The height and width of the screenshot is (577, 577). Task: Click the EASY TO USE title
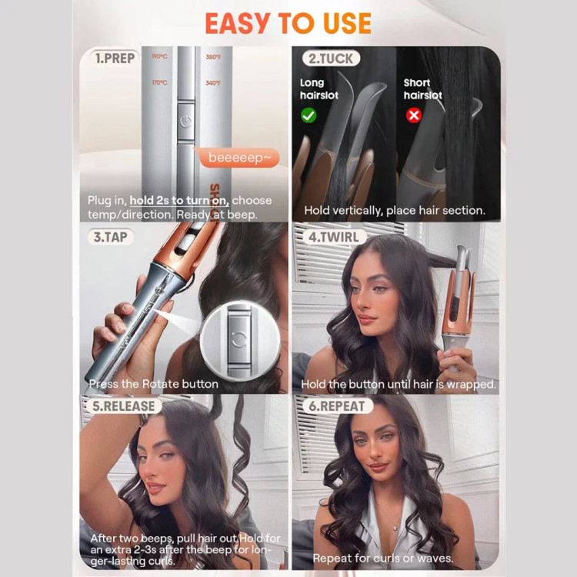pyautogui.click(x=288, y=23)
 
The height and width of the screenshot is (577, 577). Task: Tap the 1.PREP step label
pyautogui.click(x=115, y=58)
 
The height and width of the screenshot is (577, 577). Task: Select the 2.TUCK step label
pyautogui.click(x=331, y=58)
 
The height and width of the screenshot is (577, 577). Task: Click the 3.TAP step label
pyautogui.click(x=110, y=237)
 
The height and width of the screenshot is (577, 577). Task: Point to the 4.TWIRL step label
pyautogui.click(x=334, y=237)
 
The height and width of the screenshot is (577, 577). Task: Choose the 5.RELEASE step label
pyautogui.click(x=124, y=406)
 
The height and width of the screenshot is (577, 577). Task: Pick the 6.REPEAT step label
pyautogui.click(x=337, y=406)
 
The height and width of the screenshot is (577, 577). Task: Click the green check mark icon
pyautogui.click(x=309, y=115)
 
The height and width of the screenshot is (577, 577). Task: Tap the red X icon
pyautogui.click(x=414, y=115)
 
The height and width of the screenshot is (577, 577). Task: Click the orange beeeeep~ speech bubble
pyautogui.click(x=238, y=158)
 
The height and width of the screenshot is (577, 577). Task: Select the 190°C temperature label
pyautogui.click(x=159, y=56)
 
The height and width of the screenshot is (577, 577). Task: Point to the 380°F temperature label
pyautogui.click(x=213, y=57)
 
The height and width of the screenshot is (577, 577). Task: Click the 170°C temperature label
pyautogui.click(x=159, y=82)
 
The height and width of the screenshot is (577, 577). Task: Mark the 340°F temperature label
pyautogui.click(x=213, y=83)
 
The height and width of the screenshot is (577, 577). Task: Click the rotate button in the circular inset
pyautogui.click(x=239, y=339)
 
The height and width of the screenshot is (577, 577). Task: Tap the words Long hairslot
pyautogui.click(x=319, y=89)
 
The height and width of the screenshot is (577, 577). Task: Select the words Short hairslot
pyautogui.click(x=423, y=89)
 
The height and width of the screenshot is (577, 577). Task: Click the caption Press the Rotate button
pyautogui.click(x=153, y=384)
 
